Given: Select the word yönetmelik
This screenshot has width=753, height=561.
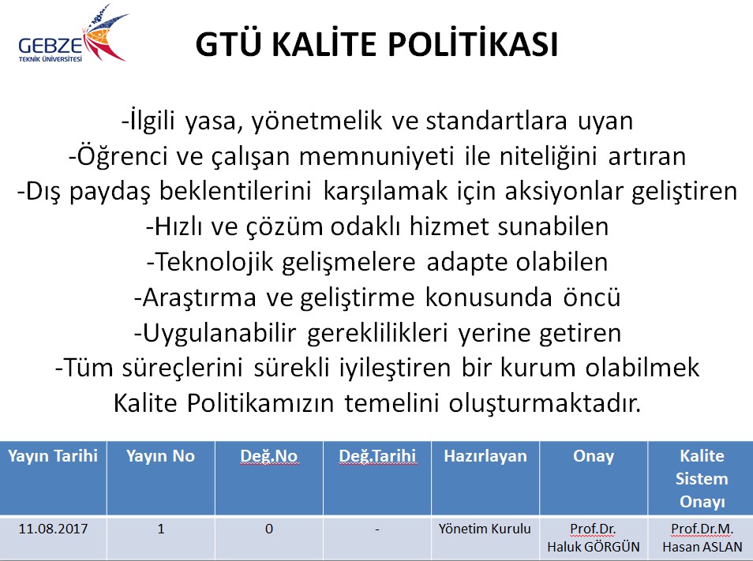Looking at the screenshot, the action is [317, 122].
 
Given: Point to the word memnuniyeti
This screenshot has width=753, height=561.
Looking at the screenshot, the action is [376, 156].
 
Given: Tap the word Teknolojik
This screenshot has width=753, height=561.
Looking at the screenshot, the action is [215, 262].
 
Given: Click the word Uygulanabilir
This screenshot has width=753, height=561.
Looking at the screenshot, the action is [219, 333].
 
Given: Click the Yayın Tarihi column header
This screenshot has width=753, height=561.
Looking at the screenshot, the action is [53, 456].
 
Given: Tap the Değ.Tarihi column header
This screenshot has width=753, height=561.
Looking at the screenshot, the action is [377, 456].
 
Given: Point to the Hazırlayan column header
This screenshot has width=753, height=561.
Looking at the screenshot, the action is [485, 456].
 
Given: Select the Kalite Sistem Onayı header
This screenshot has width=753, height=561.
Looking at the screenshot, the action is [702, 478].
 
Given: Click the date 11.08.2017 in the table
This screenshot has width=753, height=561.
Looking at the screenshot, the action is [53, 529].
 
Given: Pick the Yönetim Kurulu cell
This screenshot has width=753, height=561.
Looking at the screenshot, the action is [485, 529].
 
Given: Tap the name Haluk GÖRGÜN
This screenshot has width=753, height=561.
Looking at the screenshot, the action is [594, 547].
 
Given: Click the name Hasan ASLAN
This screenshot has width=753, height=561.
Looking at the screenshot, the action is [702, 547].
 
